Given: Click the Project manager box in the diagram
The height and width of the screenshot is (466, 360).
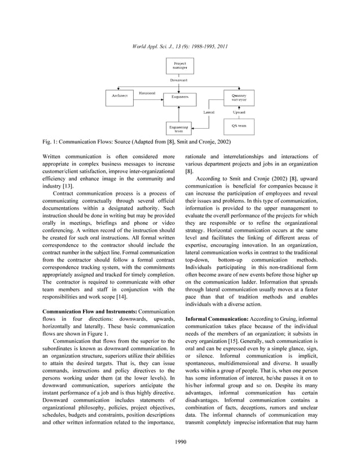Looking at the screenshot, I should [179, 66].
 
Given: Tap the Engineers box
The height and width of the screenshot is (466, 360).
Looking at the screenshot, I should [179, 97].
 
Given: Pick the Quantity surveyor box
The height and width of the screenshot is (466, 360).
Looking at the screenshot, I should [239, 97].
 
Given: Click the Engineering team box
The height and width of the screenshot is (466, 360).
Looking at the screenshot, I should [179, 129].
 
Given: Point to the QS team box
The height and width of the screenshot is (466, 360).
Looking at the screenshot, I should [239, 126].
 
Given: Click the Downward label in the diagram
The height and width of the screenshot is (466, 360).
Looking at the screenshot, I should [179, 80].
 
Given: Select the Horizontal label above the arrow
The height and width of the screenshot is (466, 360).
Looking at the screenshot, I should [147, 92].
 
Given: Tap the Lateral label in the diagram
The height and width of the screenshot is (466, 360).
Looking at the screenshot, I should [209, 113].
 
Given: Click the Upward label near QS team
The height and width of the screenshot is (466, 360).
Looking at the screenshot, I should [239, 113].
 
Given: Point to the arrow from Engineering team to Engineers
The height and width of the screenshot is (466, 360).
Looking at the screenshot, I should [179, 114].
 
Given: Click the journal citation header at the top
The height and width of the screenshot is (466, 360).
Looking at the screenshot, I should [179, 45].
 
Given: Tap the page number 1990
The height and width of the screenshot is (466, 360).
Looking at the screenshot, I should [179, 441].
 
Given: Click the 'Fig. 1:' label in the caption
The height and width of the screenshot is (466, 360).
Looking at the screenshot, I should [51, 141].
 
